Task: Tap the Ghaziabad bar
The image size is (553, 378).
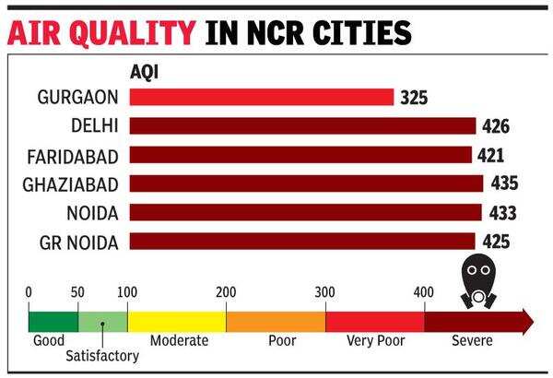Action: [x=305, y=183]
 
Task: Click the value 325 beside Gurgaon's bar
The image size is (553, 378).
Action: [x=416, y=97]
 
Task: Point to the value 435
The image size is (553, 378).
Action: [x=503, y=183]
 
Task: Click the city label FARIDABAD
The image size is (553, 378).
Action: [x=71, y=155]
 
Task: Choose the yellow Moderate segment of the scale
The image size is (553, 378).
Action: [x=176, y=321]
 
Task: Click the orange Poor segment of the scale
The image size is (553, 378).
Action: [x=276, y=321]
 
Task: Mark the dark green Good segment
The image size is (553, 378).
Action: [x=53, y=321]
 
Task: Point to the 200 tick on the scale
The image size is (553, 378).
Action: [x=226, y=293]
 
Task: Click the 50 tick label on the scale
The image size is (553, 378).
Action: [x=77, y=293]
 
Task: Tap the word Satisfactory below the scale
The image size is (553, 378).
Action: [x=101, y=356]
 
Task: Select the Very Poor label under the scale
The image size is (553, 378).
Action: [x=375, y=341]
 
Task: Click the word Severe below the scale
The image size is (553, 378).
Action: [x=472, y=341]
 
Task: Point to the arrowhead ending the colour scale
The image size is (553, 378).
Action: [x=526, y=321]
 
